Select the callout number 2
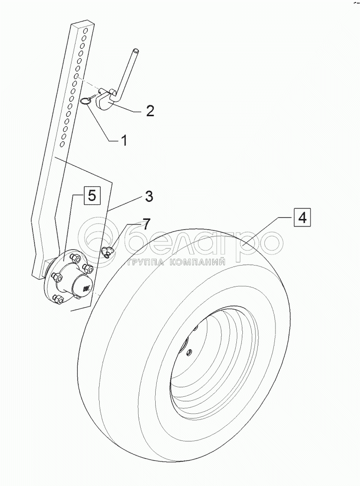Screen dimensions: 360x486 150,110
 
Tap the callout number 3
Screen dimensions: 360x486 149,196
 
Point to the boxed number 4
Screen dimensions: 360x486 301,218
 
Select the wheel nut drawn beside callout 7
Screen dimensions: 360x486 107,252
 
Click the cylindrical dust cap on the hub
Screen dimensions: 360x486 81,288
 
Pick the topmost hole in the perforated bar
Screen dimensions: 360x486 85,31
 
